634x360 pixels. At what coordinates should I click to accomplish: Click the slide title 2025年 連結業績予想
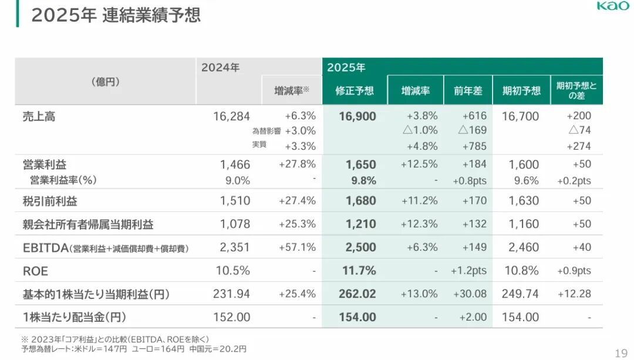tap(116, 14)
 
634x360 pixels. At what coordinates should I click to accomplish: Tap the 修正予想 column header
tap(355, 91)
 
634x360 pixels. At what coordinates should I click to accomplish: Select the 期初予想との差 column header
tap(576, 90)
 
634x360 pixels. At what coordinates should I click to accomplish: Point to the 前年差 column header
tap(468, 91)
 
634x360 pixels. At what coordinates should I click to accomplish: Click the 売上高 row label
tap(39, 116)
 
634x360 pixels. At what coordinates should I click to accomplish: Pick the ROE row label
tap(36, 271)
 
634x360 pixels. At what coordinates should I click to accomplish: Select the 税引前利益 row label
tap(50, 201)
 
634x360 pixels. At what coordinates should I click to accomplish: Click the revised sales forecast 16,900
tap(358, 116)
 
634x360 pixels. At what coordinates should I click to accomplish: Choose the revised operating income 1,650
tap(361, 164)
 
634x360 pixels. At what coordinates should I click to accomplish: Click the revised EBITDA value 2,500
tap(361, 247)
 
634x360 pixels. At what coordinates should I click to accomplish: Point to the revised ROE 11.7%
tap(359, 271)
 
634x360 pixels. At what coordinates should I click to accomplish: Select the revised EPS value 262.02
tap(358, 294)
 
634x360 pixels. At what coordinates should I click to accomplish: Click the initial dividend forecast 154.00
tap(520, 317)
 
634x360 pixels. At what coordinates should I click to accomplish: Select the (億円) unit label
tap(106, 82)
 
